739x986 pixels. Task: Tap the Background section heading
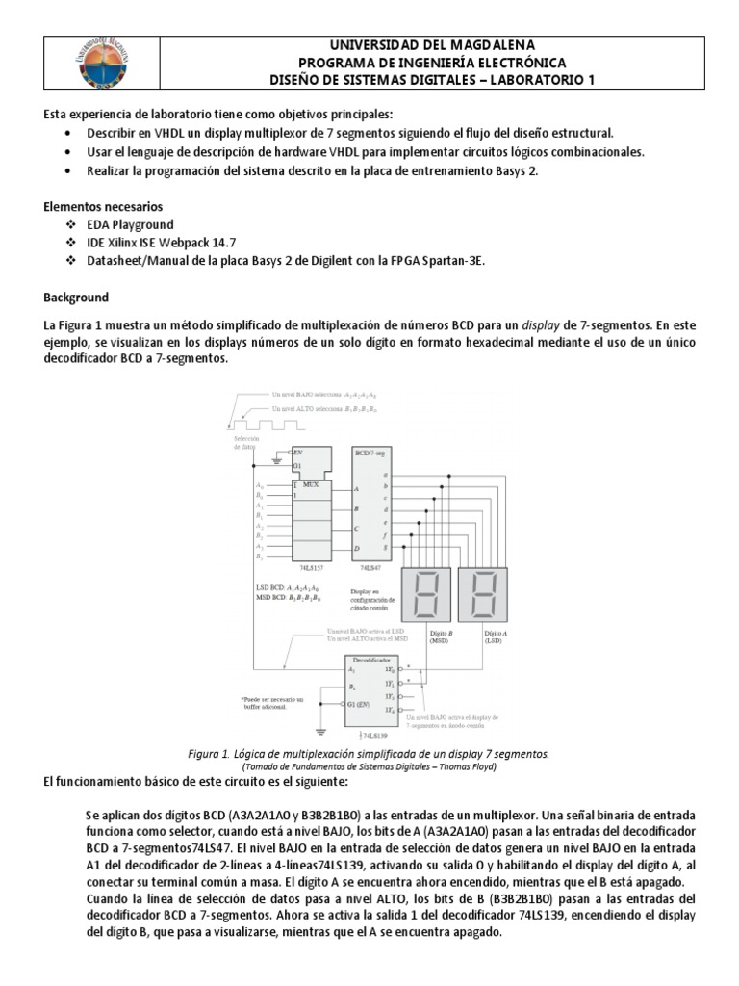pyautogui.click(x=77, y=298)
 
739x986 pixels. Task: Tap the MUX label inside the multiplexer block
pyautogui.click(x=311, y=484)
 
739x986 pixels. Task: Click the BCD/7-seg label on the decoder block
pyautogui.click(x=369, y=451)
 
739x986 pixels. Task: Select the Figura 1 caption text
pyautogui.click(x=369, y=753)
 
